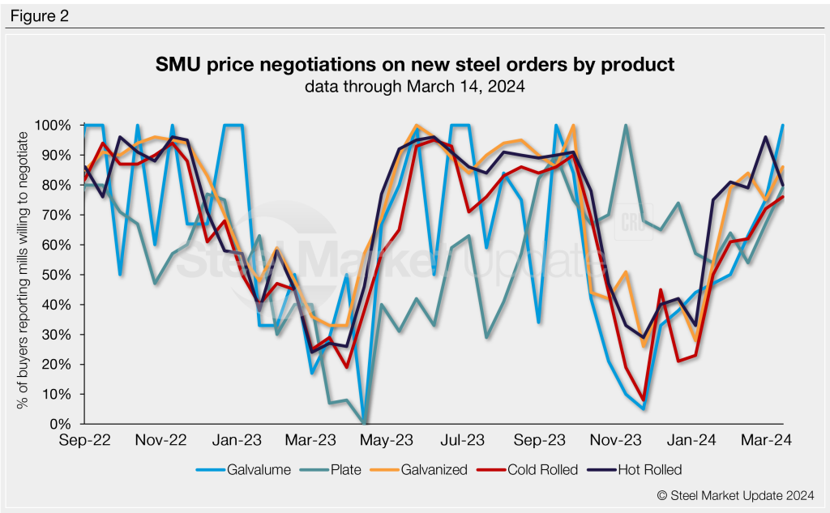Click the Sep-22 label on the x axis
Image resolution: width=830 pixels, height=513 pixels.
[x=83, y=440]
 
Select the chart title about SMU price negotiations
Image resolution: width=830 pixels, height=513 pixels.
[x=415, y=64]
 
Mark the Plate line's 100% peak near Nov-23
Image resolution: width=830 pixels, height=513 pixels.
[x=626, y=126]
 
